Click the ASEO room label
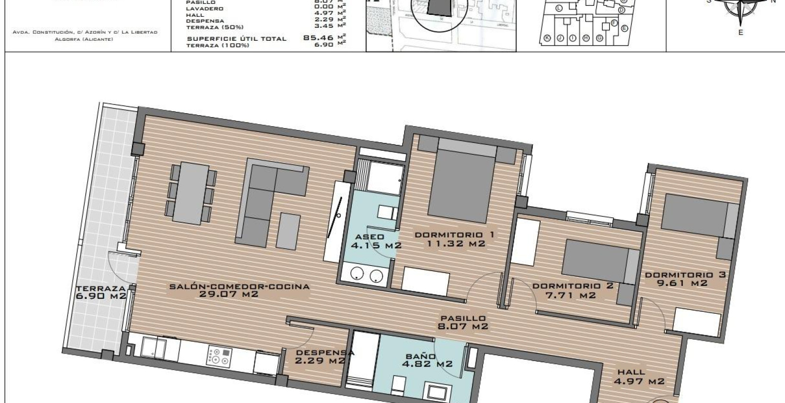pos(369,237)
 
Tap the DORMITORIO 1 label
pos(454,235)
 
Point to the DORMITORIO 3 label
pos(685,275)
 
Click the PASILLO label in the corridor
pos(463,318)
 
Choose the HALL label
pos(632,372)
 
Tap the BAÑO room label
pos(420,356)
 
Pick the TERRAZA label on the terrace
pos(101,289)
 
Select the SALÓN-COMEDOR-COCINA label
pos(239,287)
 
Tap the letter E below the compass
pos(740,33)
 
